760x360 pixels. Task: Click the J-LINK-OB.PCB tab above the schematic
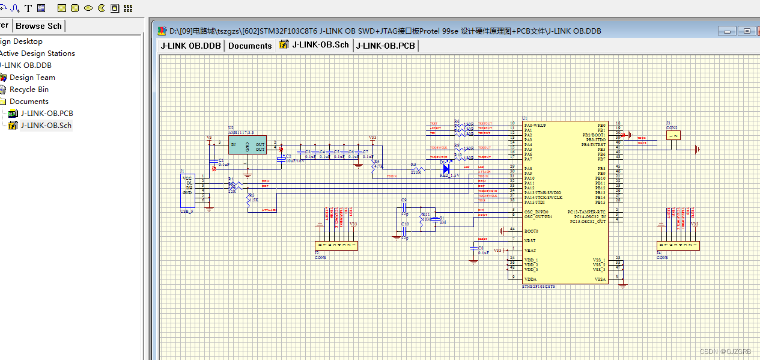coord(386,46)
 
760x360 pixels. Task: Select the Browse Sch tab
coord(39,26)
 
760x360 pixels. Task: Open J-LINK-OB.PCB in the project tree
coord(46,113)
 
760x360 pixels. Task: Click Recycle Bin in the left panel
coord(29,89)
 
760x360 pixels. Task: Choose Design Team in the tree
coord(32,77)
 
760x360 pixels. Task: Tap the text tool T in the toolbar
coord(28,8)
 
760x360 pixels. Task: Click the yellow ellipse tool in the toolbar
coord(88,8)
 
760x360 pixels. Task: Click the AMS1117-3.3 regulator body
coord(247,144)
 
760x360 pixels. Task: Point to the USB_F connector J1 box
coord(187,189)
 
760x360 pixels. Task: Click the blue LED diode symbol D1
coord(446,169)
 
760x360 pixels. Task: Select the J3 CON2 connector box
coord(673,135)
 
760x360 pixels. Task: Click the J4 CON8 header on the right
coord(678,245)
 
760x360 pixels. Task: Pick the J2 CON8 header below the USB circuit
coord(336,245)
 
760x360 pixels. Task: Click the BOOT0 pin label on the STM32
coord(531,231)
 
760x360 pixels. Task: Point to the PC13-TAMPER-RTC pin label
coord(586,212)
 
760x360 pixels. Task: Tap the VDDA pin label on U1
coord(530,279)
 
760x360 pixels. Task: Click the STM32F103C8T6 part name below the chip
coord(538,287)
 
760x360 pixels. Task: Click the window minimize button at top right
coord(728,31)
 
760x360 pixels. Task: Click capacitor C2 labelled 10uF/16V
coord(281,158)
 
